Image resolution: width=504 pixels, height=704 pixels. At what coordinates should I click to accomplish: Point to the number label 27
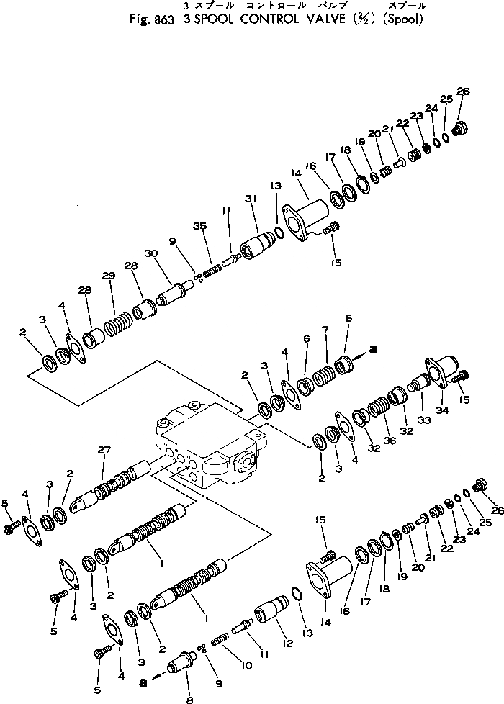pyautogui.click(x=104, y=451)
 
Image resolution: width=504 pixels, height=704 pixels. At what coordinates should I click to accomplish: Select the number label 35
pyautogui.click(x=199, y=226)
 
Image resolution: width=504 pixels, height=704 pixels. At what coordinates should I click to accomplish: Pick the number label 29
pyautogui.click(x=108, y=277)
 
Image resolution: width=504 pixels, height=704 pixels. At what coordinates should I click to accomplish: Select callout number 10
pyautogui.click(x=247, y=666)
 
